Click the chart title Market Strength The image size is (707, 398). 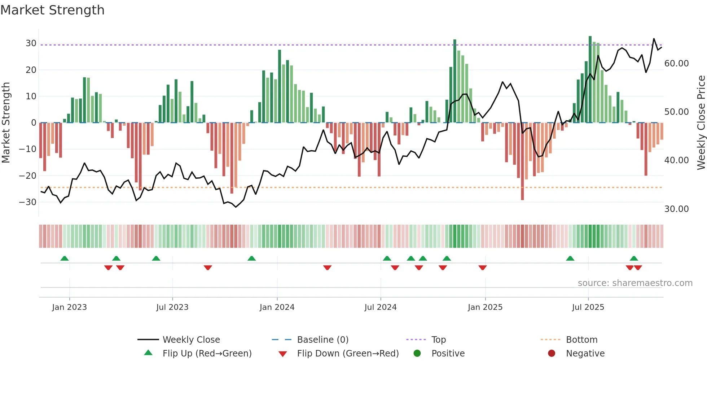(52, 10)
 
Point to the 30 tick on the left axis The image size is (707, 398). (31, 43)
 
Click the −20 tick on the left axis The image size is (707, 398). (28, 176)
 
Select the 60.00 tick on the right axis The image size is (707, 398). (676, 64)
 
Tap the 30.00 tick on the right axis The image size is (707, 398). (676, 209)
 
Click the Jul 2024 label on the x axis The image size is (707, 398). (380, 307)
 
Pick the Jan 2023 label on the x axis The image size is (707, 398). (69, 307)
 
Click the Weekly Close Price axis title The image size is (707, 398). (701, 123)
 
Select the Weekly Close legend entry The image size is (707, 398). (191, 340)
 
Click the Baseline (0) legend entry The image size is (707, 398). (322, 340)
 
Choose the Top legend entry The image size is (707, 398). (438, 340)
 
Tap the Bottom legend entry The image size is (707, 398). (581, 340)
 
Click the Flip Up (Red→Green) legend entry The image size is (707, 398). (207, 354)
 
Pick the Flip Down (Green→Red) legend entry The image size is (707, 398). (348, 354)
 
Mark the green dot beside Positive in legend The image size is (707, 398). (417, 354)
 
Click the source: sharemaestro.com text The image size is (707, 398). (635, 283)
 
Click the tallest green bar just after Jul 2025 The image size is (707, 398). (590, 79)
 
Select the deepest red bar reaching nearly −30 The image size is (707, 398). (522, 163)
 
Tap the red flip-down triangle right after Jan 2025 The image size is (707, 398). (483, 268)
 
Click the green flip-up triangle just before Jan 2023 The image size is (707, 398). (65, 258)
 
